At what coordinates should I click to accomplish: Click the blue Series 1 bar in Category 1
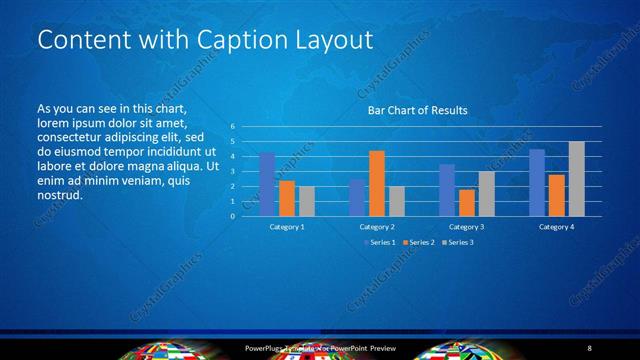point(267,185)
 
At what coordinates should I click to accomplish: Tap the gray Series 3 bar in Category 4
point(576,179)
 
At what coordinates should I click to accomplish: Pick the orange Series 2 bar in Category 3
point(466,203)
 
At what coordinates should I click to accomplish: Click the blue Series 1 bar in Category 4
point(537,183)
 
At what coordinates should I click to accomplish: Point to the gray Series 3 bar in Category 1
point(306,201)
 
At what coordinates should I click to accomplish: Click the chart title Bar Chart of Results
point(419,111)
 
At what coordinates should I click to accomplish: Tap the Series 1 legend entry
point(379,242)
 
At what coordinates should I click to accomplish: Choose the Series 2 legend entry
point(418,242)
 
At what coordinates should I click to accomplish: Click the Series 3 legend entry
point(457,242)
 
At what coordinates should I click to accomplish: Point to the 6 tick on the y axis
point(232,127)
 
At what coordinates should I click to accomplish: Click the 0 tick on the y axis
point(232,216)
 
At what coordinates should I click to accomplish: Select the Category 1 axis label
point(287,227)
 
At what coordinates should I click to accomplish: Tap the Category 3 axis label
point(467,227)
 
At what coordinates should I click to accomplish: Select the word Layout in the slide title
point(335,40)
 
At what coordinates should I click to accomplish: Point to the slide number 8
point(590,347)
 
